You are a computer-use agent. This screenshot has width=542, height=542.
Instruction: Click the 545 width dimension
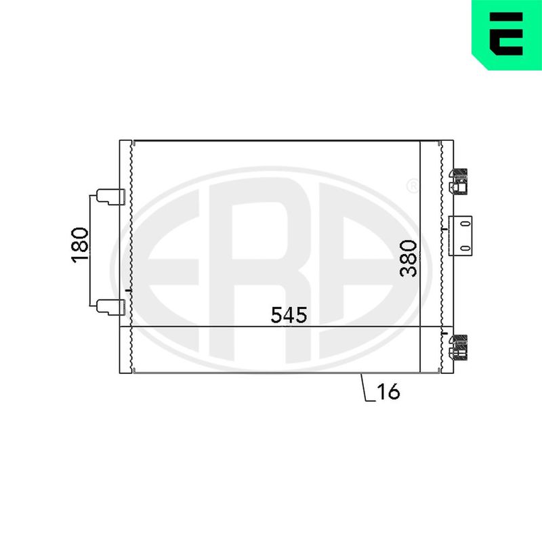point(289,314)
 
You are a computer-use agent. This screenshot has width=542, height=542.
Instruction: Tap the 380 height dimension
point(409,258)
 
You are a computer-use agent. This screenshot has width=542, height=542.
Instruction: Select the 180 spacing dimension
point(80,245)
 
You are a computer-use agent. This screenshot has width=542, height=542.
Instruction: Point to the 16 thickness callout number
point(388,392)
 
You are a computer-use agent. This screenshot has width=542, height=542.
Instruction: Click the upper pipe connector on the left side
point(110,196)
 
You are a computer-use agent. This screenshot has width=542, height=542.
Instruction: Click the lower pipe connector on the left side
point(110,308)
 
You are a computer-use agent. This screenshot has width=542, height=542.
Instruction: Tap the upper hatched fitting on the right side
point(458,182)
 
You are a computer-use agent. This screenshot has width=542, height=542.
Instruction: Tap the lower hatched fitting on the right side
point(458,348)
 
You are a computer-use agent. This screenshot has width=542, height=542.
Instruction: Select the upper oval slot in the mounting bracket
point(466,224)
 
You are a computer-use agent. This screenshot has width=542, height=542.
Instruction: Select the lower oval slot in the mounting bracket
point(466,248)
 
